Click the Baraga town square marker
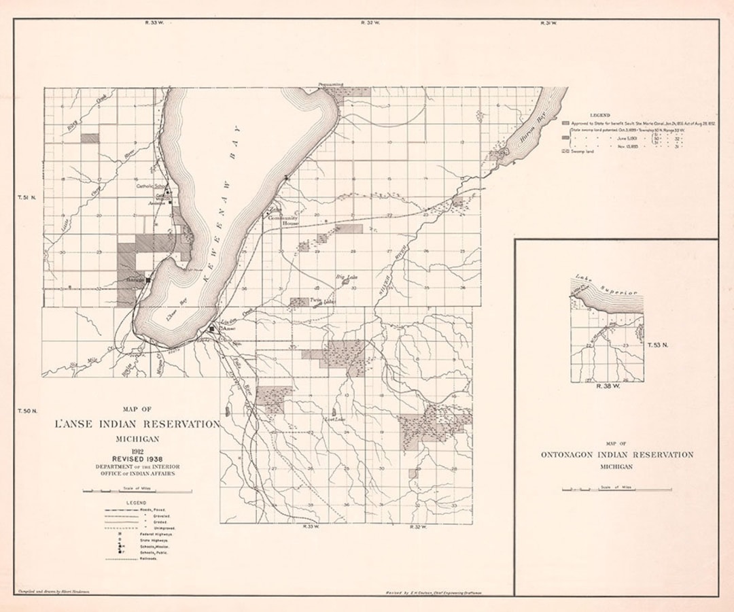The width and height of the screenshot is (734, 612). pyautogui.click(x=147, y=279)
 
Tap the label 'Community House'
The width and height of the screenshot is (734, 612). pyautogui.click(x=283, y=220)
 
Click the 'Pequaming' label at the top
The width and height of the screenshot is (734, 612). pyautogui.click(x=332, y=85)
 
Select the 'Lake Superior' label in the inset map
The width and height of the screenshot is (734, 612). pyautogui.click(x=607, y=286)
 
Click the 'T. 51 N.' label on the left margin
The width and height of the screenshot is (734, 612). pyautogui.click(x=27, y=198)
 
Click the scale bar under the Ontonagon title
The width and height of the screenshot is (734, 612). pyautogui.click(x=616, y=489)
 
